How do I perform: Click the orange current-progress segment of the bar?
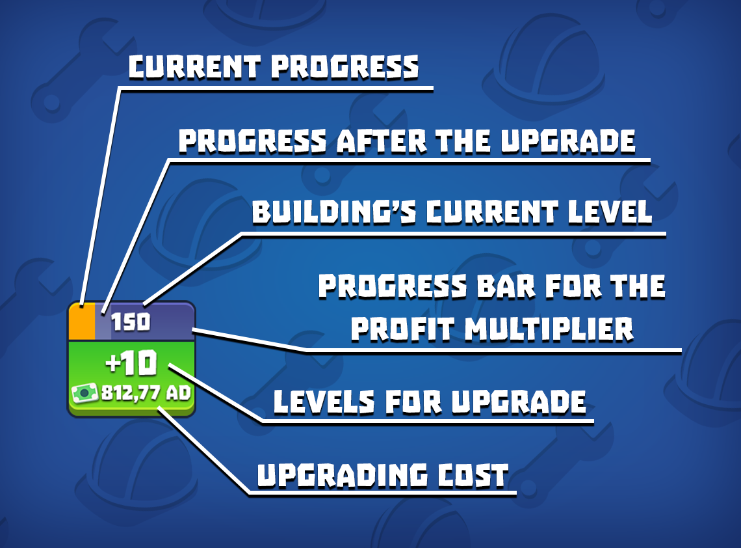(82, 322)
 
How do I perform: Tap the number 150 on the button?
(131, 322)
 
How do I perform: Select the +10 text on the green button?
(131, 363)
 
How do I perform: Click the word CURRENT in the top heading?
(194, 67)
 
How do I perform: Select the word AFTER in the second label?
(382, 141)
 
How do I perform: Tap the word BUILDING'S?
(334, 212)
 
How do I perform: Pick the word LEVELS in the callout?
(324, 402)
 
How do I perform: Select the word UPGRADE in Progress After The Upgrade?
(568, 141)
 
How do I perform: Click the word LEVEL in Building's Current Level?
(610, 212)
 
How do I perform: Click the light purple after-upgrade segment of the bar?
(103, 322)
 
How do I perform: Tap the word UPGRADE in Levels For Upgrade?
(519, 402)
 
